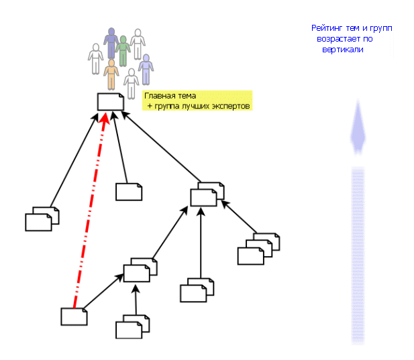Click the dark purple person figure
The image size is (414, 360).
[x=111, y=42]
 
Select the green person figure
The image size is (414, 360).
[x=123, y=51]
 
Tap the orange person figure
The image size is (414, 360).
[x=111, y=73]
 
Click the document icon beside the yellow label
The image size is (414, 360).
[x=111, y=102]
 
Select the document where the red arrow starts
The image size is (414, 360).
[x=74, y=316]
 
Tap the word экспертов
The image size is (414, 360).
[x=230, y=107]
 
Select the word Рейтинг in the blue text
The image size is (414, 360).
[x=327, y=29]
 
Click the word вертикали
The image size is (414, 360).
[x=346, y=50]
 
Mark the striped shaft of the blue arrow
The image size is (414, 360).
[x=358, y=255]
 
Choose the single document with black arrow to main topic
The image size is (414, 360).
[x=129, y=192]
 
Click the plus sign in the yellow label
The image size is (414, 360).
[x=149, y=107]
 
